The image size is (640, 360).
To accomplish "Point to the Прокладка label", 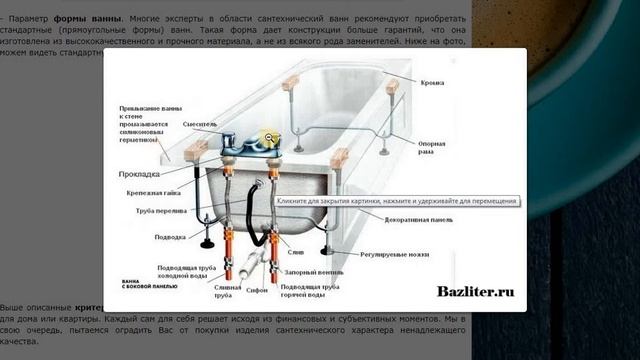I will (141, 173).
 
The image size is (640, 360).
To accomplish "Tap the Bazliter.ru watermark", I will (475, 292).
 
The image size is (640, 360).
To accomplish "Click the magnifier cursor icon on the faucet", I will (268, 139).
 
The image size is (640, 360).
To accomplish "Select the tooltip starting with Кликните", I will (396, 201).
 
